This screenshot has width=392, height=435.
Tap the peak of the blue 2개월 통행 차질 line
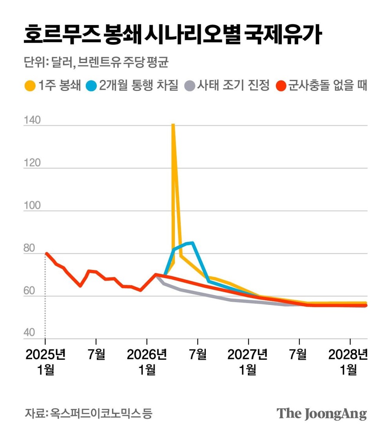point(192,243)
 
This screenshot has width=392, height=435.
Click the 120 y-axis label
point(32,163)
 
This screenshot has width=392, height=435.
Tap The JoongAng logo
point(322,413)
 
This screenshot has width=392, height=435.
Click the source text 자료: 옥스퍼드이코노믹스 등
point(89,413)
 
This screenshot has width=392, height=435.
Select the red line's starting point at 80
point(47,254)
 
